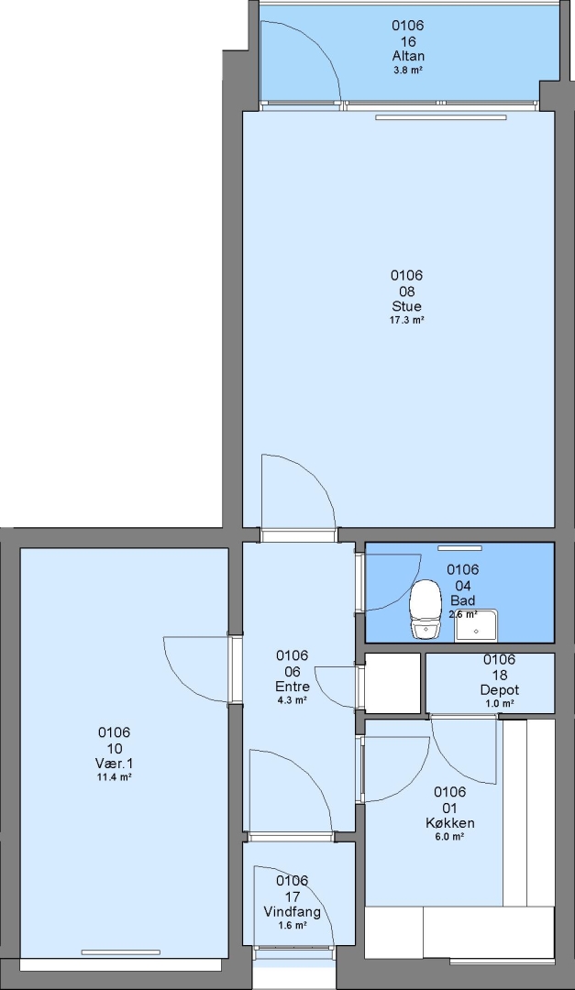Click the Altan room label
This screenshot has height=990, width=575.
pos(408,56)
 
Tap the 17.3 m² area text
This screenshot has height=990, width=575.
pos(406,320)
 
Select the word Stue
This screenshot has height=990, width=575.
pos(406,306)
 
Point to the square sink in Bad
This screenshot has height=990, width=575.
pos(476,626)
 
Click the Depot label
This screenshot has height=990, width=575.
pos(499,689)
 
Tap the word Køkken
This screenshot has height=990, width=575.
pos(450,822)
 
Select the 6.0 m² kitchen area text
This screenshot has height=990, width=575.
pos(450,837)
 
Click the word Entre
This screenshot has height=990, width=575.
pos(293,687)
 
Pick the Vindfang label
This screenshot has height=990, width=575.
pos(292,912)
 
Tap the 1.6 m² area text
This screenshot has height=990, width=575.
pos(292,925)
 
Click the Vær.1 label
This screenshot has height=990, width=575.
pos(114,764)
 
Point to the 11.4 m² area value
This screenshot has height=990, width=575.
pos(114,777)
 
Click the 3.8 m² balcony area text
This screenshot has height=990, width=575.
pos(408,70)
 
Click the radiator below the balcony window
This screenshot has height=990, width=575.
pos(441,116)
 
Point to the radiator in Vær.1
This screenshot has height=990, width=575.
pos(121,952)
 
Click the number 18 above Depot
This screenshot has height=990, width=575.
pos(499,675)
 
